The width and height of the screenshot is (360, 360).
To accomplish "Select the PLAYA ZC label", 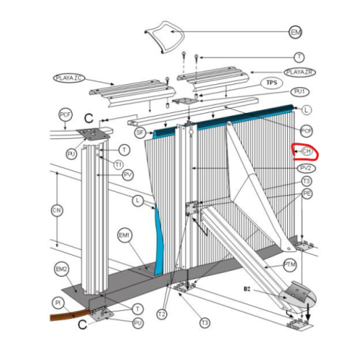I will pos(69,76).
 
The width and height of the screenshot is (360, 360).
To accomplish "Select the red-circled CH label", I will pos(305,151).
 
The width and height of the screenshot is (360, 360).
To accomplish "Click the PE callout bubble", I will pos(307,194).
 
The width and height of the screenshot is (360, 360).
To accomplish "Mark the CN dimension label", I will pos(57,210).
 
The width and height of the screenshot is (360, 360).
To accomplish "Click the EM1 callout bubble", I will pos(125,235).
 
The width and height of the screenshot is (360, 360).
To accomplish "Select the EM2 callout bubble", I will pos(61,269).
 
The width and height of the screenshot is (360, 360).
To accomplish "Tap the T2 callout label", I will pos(162,315).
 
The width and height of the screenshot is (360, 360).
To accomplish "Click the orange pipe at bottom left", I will pos(68,315).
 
